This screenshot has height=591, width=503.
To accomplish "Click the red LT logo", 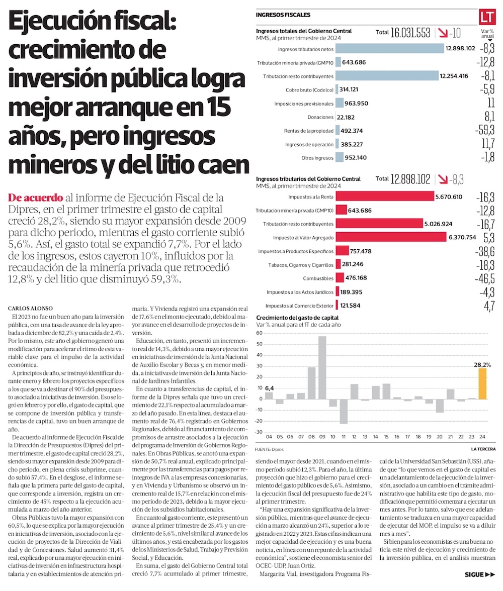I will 487,16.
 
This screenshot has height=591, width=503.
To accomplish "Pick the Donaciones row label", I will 320,117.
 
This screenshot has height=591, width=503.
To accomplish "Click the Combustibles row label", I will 318,278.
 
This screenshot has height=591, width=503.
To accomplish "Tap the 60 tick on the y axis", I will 260,333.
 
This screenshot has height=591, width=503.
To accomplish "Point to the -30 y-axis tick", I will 259,432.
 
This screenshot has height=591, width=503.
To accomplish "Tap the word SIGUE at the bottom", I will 474,574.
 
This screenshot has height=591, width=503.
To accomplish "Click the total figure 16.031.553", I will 410,33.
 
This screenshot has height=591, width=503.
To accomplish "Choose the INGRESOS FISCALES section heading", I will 283,15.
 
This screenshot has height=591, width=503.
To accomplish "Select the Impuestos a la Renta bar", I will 385,196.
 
